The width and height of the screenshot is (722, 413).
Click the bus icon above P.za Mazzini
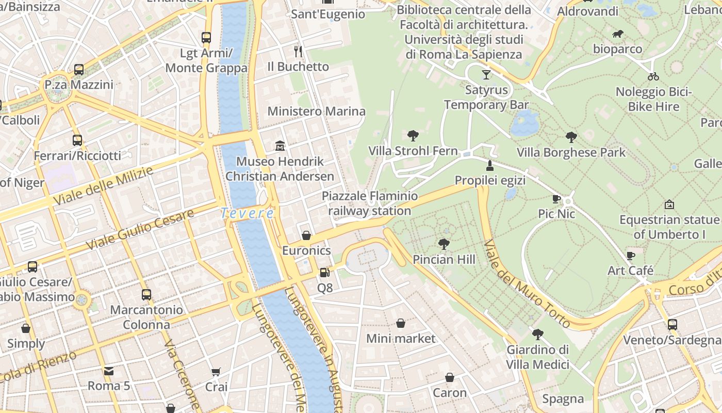coord(79,69)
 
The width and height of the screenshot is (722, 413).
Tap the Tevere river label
coord(247,213)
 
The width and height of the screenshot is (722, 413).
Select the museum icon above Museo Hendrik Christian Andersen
coord(280,146)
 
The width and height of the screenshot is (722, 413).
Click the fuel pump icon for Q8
coord(324,272)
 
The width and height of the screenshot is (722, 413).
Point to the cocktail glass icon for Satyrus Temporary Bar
coord(486,74)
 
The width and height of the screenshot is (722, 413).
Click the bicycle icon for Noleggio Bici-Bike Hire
coord(653,76)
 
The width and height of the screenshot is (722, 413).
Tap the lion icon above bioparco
coord(617,34)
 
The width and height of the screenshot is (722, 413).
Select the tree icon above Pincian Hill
coord(444,244)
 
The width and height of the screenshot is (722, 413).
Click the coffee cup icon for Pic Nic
coord(556,198)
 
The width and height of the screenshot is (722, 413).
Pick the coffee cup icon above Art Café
coord(630,255)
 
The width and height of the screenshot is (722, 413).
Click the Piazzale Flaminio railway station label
coord(370,203)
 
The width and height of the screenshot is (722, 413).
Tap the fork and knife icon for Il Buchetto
coord(298,51)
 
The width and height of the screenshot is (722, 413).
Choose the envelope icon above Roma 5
coord(109,371)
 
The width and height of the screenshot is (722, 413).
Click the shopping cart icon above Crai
coord(216,372)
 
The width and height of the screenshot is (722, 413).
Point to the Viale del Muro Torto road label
coord(527,284)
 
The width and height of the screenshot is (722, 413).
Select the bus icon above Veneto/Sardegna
coord(672,324)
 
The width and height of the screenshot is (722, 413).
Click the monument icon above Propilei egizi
coord(489,165)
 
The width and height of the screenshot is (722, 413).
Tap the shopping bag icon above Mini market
coord(401,323)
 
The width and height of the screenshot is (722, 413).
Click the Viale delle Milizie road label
coord(103,186)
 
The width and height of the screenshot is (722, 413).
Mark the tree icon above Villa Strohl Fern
coord(413,136)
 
